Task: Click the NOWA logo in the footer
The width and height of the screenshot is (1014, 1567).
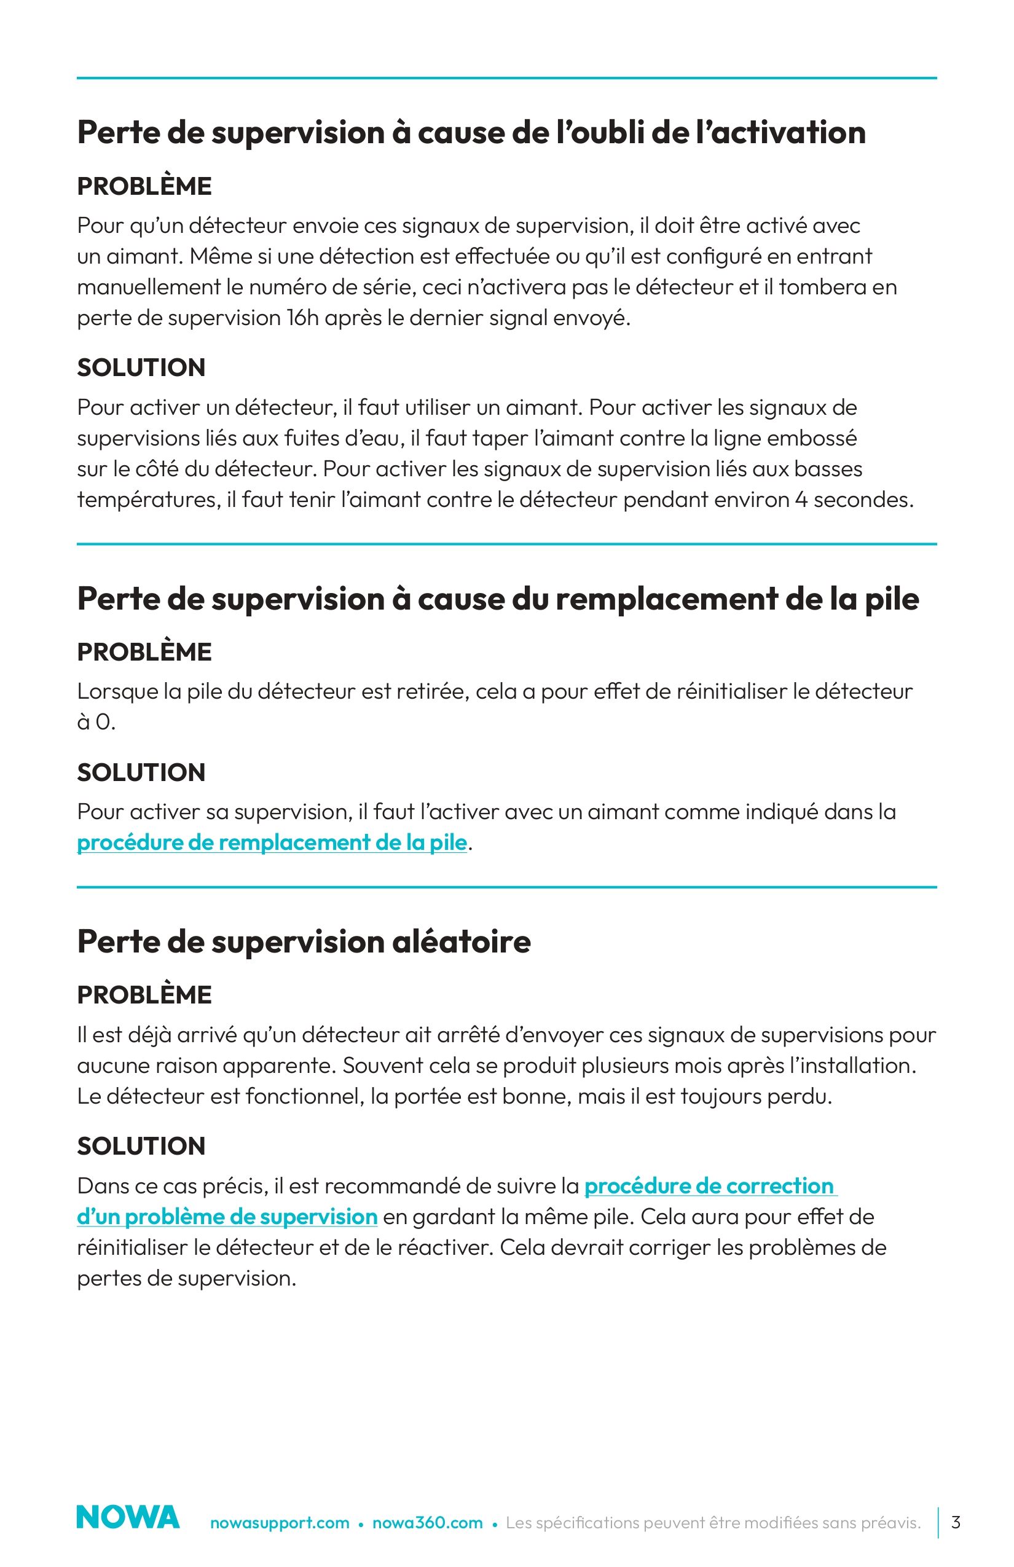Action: [x=128, y=1517]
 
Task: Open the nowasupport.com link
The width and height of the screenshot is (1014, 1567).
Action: [x=280, y=1523]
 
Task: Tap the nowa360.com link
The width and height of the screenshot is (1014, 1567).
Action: [x=427, y=1523]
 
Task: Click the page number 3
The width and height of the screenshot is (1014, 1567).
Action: [x=956, y=1522]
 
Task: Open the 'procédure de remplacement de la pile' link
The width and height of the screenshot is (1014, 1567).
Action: [x=272, y=842]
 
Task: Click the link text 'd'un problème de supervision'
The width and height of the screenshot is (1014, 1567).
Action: [x=227, y=1217]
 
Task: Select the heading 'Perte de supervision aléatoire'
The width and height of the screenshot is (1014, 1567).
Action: [x=304, y=941]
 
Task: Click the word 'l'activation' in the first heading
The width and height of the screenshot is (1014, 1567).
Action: [x=781, y=132]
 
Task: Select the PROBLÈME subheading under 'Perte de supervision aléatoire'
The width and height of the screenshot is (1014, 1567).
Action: [x=144, y=995]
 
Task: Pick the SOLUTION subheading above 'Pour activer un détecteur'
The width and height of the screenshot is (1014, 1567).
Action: [x=141, y=367]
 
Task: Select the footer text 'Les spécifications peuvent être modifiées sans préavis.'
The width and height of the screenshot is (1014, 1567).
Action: [x=713, y=1523]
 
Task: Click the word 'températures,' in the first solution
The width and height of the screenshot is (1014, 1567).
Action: [x=149, y=500]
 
